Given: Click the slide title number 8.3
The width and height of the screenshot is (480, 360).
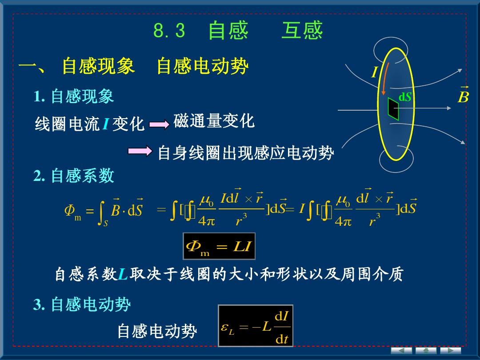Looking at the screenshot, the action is [169, 31].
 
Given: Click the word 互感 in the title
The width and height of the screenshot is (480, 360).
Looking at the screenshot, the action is [302, 30].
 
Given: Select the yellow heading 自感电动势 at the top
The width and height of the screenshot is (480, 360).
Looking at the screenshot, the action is [202, 66].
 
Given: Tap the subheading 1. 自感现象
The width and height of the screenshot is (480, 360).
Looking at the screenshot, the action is [74, 96].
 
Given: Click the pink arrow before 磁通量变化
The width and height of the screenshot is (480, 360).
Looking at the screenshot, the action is [159, 124].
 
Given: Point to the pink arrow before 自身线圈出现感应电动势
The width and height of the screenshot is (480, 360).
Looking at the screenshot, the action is [140, 151].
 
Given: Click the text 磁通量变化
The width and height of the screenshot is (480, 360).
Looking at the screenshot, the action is [214, 120].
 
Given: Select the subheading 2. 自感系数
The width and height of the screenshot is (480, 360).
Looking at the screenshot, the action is [74, 176].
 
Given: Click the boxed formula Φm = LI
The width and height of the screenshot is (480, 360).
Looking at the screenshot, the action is [219, 246].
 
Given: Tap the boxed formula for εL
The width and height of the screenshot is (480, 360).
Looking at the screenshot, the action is [256, 326].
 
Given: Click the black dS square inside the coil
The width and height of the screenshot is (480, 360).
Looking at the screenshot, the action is [393, 109].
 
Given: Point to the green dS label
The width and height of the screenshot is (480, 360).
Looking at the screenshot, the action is [405, 97].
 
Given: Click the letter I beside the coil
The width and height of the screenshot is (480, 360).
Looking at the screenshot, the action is [375, 72].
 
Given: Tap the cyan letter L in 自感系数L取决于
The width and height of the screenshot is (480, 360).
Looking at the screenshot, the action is [123, 274].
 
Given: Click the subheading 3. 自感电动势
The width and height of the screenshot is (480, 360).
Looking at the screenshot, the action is [82, 304].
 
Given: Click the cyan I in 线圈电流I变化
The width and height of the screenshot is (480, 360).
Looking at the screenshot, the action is [106, 124].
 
